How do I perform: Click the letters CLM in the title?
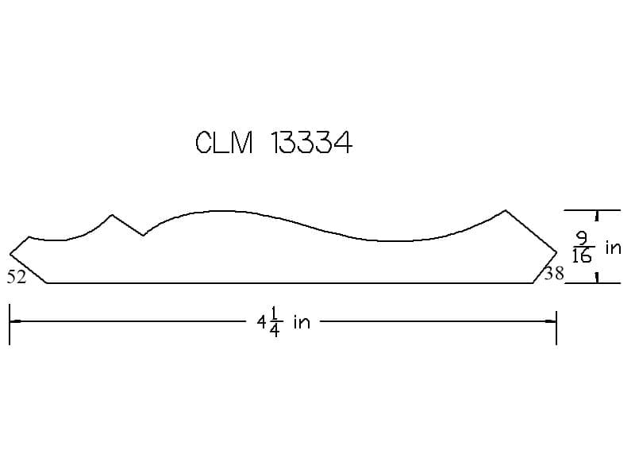(225, 143)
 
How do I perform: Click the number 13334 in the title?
(311, 143)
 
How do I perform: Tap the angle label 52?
(17, 277)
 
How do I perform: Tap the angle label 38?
(554, 274)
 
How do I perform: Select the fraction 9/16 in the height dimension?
(583, 247)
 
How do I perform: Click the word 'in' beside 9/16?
(613, 248)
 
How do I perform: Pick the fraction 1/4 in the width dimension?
(274, 322)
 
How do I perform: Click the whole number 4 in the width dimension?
(262, 323)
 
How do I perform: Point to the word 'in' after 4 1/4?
(302, 322)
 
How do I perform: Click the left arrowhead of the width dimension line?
(15, 321)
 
